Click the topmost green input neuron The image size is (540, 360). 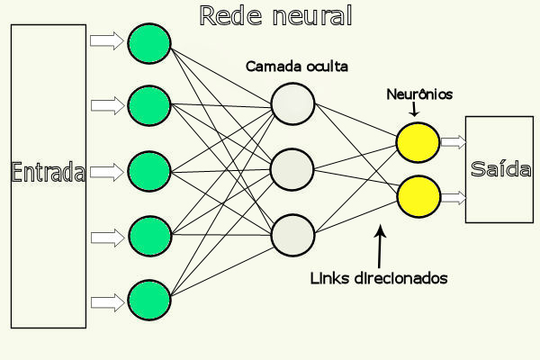149,43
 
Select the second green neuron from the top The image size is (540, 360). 149,105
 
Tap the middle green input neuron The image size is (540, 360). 149,171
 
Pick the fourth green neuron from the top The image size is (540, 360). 149,236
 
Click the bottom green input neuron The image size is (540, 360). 149,300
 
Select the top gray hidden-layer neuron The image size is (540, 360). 292,103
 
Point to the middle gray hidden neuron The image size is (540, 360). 292,169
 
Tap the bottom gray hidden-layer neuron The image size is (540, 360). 292,235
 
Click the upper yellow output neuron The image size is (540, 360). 418,142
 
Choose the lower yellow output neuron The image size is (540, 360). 418,196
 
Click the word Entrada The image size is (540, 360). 48,172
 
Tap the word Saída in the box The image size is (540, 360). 500,169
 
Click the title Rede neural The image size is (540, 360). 276,15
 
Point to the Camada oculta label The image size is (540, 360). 297,66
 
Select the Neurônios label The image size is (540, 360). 419,94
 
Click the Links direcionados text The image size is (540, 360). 379,278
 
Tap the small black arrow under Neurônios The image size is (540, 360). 414,109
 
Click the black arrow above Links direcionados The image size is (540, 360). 380,247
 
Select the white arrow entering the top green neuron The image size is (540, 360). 107,40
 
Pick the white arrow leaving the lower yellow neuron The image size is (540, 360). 454,198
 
